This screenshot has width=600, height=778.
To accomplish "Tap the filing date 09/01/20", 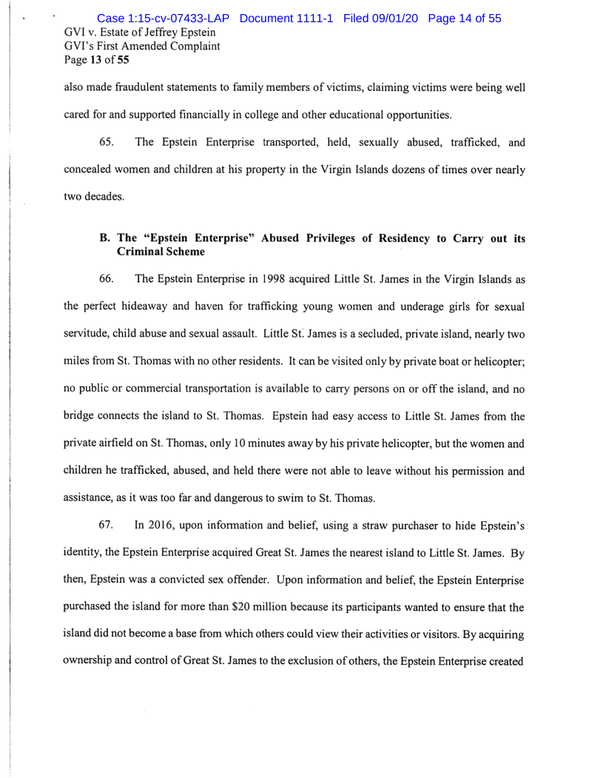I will pos(398,18).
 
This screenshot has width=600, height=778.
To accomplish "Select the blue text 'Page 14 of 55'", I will pos(465,18).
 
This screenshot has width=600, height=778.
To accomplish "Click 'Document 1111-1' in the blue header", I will pos(289,18).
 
